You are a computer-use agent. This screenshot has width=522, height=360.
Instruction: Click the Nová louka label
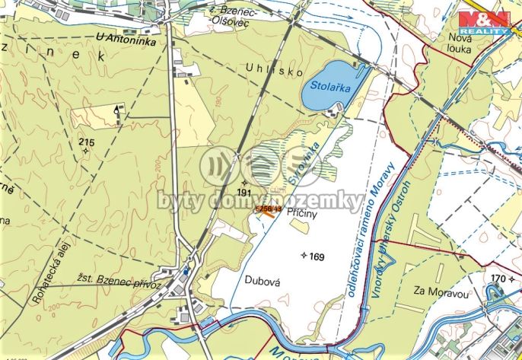[x=461, y=43]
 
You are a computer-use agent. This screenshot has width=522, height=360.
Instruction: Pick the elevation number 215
[x=86, y=142]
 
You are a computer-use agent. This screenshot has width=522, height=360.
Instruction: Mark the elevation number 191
[x=243, y=193]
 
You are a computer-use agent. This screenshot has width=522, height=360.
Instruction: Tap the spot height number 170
[x=498, y=279]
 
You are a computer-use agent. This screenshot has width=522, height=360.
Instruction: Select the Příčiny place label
[x=301, y=215]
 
